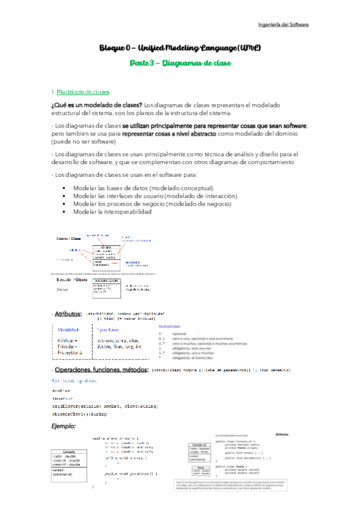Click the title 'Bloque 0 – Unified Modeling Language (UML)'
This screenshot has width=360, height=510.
click(x=180, y=48)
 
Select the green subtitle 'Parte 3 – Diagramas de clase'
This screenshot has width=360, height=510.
click(x=180, y=63)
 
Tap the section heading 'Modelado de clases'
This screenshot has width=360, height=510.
click(x=84, y=92)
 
